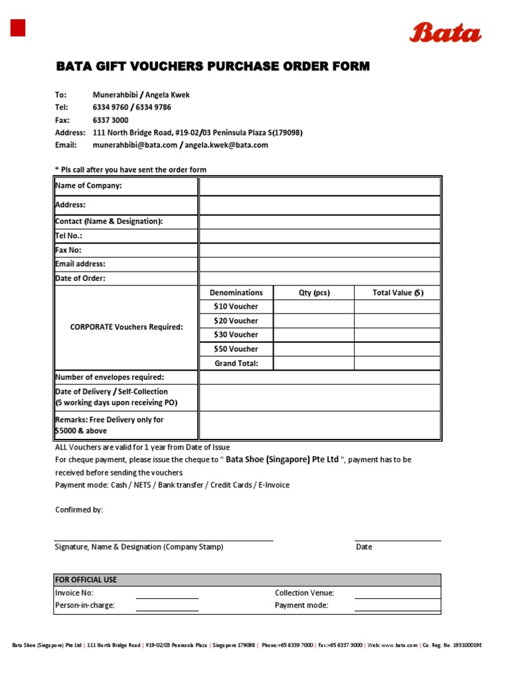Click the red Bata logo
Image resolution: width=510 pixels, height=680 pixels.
[x=445, y=32]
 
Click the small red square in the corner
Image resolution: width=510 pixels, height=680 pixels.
[x=18, y=28]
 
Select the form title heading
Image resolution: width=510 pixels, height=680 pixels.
[x=212, y=66]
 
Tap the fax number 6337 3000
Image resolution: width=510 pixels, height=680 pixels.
[x=111, y=120]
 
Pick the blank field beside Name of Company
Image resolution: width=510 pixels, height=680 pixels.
[x=319, y=186]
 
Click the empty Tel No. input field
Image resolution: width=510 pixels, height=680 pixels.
[x=319, y=236]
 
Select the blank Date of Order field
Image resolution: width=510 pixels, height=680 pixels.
[x=319, y=278]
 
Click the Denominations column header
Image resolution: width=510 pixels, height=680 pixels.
[x=236, y=293]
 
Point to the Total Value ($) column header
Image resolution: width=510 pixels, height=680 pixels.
[x=397, y=293]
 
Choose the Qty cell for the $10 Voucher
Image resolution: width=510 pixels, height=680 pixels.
[x=313, y=307]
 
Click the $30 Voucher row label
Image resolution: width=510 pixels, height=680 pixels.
[x=236, y=335]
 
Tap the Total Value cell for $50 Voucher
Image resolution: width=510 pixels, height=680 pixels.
[x=397, y=349]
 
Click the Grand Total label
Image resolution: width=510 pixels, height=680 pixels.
[x=236, y=363]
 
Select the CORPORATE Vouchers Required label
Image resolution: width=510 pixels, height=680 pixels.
[x=126, y=327]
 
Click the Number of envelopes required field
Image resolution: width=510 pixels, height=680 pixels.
[x=319, y=377]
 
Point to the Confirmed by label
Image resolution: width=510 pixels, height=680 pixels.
[x=78, y=510]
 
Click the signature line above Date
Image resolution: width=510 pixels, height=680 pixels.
[x=397, y=541]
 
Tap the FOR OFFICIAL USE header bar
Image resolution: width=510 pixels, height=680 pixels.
[x=246, y=580]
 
